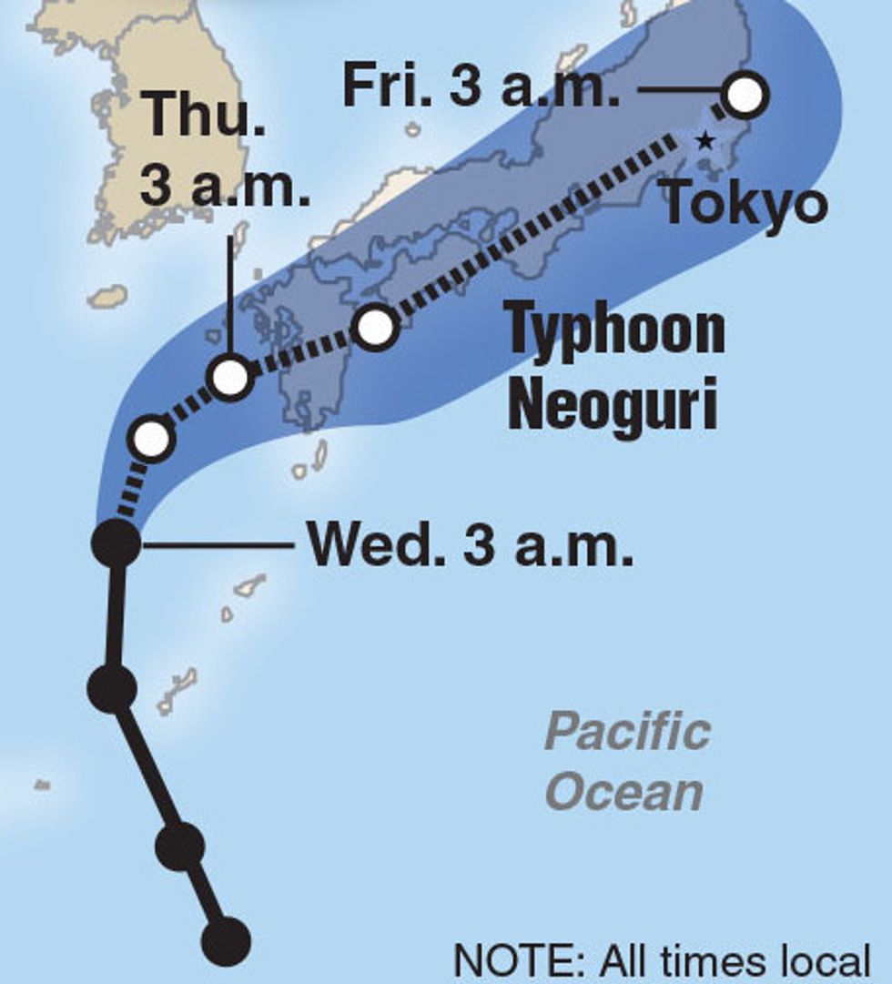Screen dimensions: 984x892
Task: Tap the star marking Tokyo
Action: tap(704, 141)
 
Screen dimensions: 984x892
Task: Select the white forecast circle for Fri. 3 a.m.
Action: tap(745, 94)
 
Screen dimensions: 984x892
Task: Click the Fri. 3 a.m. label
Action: tap(481, 87)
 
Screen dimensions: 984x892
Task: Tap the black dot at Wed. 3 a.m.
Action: tap(117, 543)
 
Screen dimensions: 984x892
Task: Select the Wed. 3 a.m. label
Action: tap(471, 545)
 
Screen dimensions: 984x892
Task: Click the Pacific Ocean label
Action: tap(627, 763)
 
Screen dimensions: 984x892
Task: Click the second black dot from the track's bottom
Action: tap(179, 847)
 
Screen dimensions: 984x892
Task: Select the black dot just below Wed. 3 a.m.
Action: tap(112, 686)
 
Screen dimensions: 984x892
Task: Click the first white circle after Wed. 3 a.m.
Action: tap(152, 439)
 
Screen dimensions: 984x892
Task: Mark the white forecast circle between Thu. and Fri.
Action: tap(376, 327)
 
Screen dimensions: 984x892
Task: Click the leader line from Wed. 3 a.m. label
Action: tap(218, 546)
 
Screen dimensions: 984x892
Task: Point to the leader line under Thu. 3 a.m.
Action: tap(228, 291)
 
